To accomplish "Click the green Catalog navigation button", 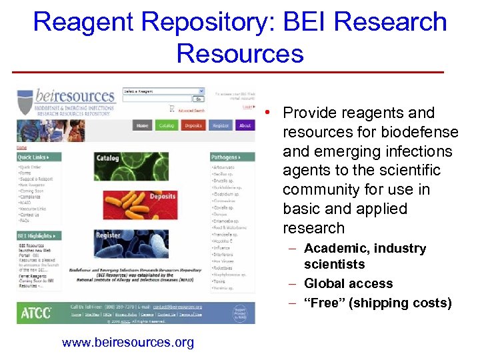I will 165,125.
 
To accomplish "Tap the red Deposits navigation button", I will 193,125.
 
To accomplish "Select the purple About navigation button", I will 245,125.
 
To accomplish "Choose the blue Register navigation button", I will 220,125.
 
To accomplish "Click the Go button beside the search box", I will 198,99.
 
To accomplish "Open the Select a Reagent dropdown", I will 172,91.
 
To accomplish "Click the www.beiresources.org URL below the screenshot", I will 128,343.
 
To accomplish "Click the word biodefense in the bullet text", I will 415,132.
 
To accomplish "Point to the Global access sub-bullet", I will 348,283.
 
